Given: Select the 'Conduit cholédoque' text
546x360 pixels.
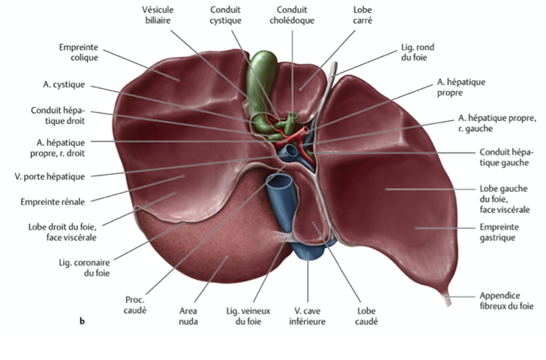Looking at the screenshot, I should [x=296, y=15].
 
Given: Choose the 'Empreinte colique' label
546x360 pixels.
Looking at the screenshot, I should [x=79, y=52].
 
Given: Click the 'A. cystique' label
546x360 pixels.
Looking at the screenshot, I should [x=63, y=85].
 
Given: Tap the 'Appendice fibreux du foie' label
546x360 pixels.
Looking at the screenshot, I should [x=507, y=301].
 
